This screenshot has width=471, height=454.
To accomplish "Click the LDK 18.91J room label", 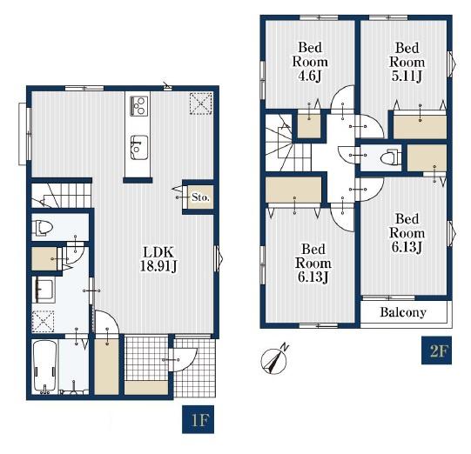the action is pos(158,259).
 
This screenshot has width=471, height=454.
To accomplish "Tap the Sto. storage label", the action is pos(200,197).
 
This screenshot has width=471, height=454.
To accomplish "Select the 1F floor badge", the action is pos(198,419).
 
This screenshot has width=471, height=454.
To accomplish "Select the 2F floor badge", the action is pos(436,351).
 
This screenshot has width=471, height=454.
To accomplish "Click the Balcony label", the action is pos(403,312).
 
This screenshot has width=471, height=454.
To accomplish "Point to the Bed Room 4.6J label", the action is pos(310,62).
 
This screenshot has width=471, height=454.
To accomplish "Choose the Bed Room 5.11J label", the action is pos(407,62).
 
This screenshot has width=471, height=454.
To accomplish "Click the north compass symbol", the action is pos(274,359).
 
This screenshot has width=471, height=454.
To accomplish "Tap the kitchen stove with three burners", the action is pos(138,106).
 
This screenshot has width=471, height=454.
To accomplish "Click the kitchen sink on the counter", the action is pos(138,148).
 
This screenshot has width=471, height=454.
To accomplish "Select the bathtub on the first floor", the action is pos(44,366).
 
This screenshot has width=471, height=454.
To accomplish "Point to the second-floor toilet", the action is pos(391,157).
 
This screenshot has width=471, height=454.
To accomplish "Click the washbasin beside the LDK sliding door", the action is pos(44,290).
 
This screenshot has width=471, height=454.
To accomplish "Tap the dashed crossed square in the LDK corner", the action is pos(201,103).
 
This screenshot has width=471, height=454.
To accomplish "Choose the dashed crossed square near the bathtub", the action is pos(43,322).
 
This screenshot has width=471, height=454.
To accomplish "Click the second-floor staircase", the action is pos(288,143).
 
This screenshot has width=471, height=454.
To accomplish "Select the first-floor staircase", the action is pos(62,196).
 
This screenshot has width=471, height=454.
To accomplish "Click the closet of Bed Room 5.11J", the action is pos(420,127).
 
